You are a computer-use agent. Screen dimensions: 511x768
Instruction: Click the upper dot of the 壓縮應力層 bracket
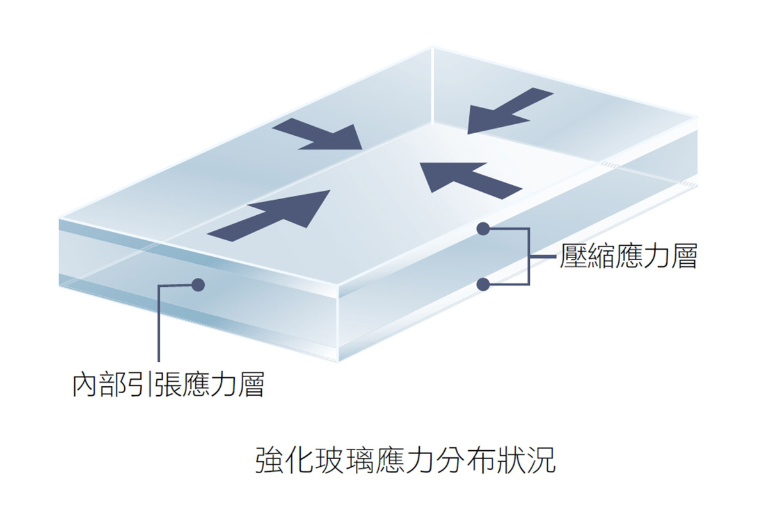(484, 228)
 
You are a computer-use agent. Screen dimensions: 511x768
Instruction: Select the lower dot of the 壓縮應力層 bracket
(484, 283)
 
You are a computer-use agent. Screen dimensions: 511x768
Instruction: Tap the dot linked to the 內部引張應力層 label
(198, 284)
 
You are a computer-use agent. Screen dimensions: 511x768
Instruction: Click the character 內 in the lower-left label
(85, 385)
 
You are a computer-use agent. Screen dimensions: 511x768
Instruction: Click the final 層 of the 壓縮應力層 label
(684, 257)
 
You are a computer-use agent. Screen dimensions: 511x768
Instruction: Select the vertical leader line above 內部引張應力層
(157, 327)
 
